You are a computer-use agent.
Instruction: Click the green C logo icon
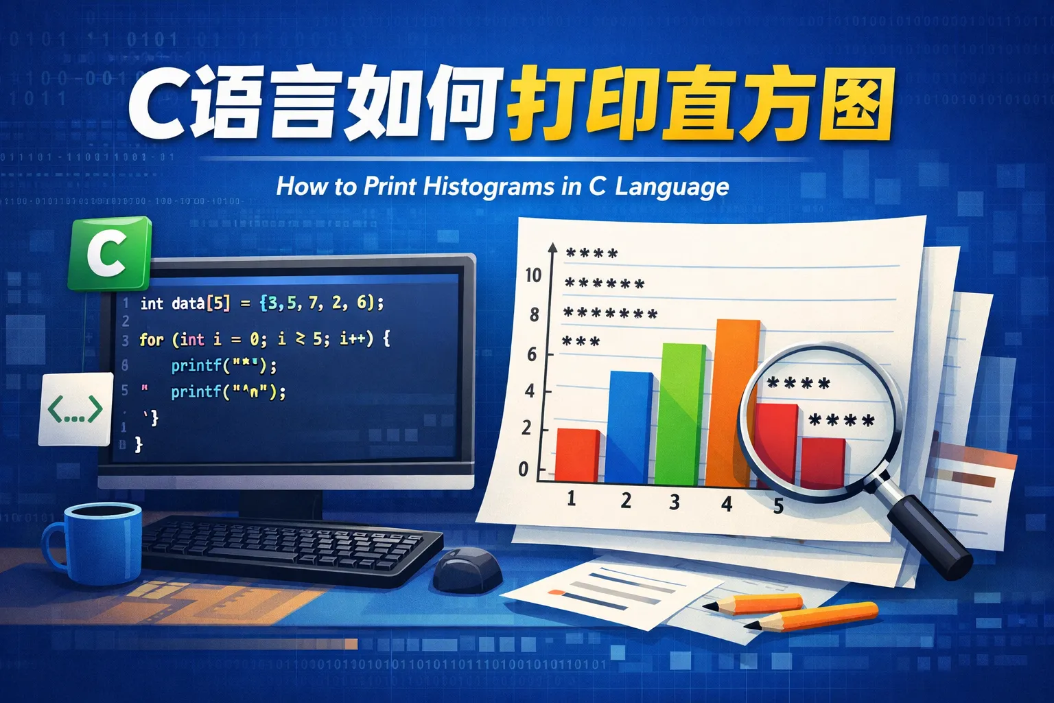(x=109, y=253)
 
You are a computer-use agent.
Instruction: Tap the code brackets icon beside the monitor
(x=75, y=409)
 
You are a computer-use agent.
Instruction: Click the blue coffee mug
(x=96, y=542)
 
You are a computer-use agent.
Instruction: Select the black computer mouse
(x=468, y=569)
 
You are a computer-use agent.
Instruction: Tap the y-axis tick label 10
(x=533, y=275)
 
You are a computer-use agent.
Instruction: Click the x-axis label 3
(x=675, y=502)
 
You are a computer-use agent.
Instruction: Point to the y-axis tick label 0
(x=524, y=470)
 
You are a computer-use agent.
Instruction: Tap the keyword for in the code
(x=151, y=339)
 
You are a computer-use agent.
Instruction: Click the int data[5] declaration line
(x=261, y=303)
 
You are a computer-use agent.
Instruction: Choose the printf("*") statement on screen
(x=224, y=365)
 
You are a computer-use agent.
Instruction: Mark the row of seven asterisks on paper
(x=610, y=314)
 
